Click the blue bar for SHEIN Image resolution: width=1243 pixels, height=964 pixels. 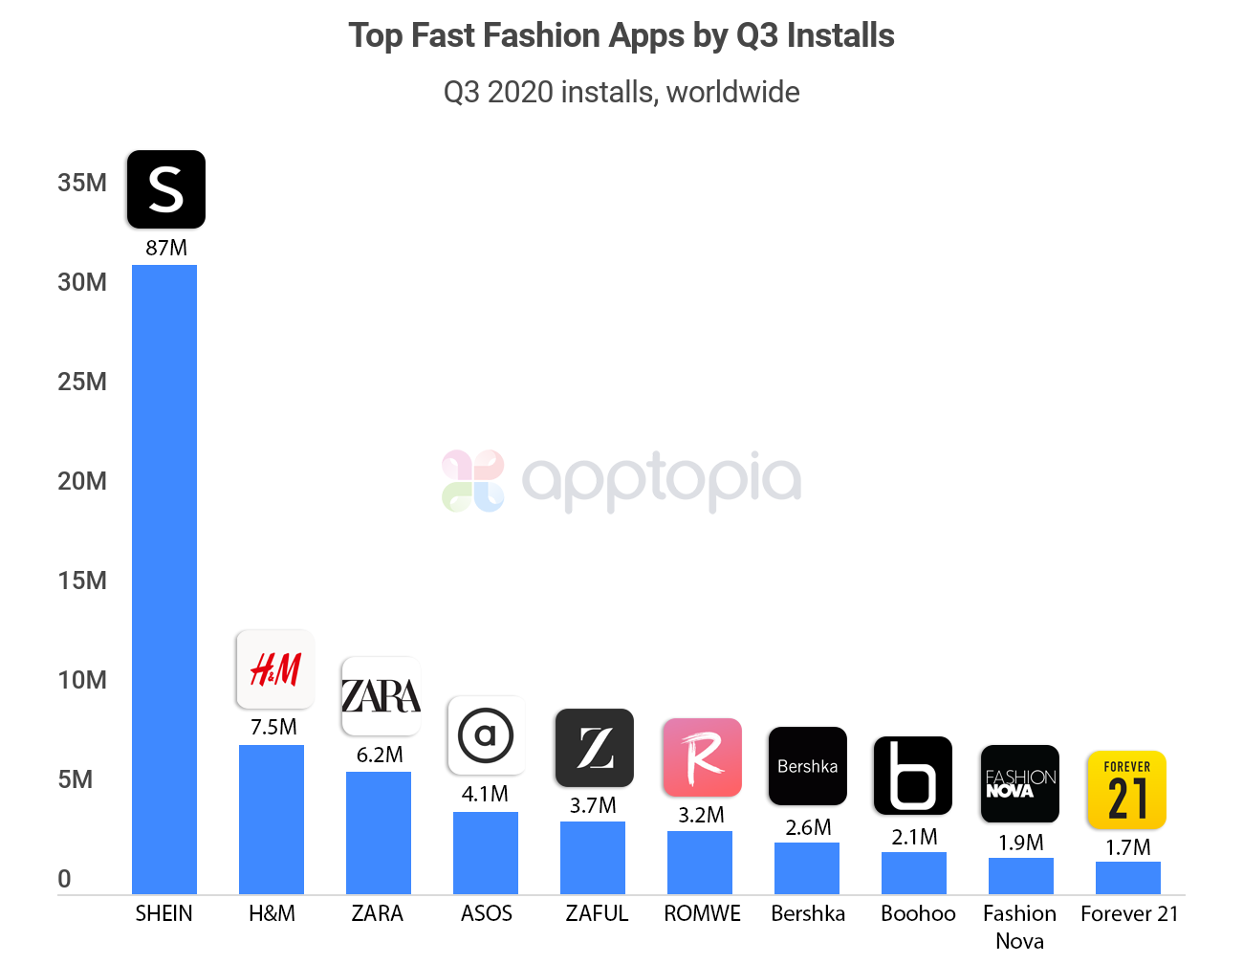164,579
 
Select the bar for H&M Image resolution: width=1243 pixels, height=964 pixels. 272,820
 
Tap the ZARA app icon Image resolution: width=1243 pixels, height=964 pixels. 381,696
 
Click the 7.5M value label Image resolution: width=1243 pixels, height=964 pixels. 273,727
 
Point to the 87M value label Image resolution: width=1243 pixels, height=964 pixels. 166,248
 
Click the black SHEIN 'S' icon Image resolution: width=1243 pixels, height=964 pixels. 166,189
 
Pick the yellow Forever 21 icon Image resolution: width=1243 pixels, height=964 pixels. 1126,790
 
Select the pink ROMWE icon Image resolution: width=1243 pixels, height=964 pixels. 702,757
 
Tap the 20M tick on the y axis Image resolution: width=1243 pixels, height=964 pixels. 82,481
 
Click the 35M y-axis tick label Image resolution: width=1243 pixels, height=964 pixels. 82,183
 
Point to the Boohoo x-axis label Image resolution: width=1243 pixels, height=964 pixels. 918,913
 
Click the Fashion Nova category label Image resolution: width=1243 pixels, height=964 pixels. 1019,927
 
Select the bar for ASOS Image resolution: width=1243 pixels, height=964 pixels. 486,853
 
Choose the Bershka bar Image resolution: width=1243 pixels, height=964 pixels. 807,868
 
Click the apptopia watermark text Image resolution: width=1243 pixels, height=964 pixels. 660,480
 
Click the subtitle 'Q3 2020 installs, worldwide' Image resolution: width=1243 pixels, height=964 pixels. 621,92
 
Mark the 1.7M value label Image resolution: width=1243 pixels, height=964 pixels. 1128,847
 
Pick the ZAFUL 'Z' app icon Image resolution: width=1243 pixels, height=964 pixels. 595,748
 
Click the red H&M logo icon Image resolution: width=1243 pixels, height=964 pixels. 275,668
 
